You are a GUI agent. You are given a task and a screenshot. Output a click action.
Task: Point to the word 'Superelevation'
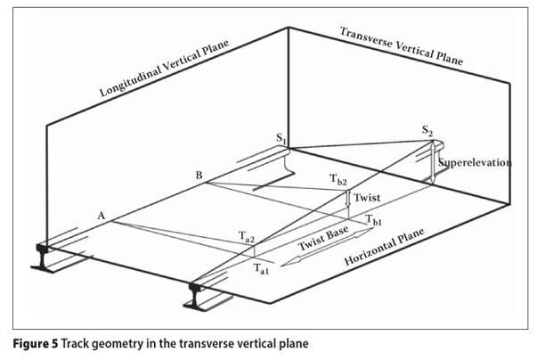click(x=476, y=163)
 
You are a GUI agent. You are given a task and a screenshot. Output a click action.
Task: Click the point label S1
click(x=281, y=138)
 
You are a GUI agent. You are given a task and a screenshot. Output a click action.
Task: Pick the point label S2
click(x=428, y=132)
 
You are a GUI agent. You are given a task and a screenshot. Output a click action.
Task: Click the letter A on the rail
click(x=102, y=216)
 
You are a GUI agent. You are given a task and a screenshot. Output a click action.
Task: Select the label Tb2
click(x=338, y=180)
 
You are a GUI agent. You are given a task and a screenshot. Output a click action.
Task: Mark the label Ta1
click(x=260, y=267)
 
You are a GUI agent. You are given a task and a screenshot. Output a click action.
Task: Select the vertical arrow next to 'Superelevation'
click(x=434, y=164)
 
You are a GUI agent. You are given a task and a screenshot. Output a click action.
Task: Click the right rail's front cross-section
click(x=198, y=294)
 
